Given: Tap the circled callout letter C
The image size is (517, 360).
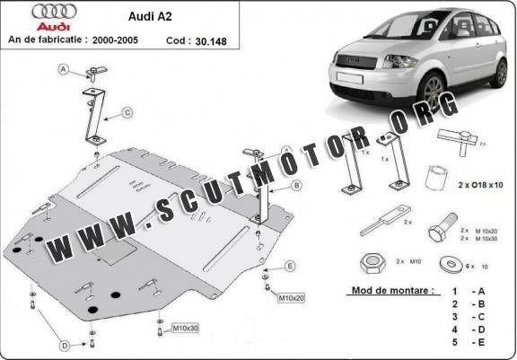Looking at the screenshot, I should (127, 112).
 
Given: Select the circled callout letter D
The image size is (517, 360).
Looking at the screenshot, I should (64, 346).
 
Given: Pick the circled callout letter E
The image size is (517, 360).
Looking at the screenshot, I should (291, 266).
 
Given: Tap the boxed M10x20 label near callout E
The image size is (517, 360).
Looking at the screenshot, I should (291, 297).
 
